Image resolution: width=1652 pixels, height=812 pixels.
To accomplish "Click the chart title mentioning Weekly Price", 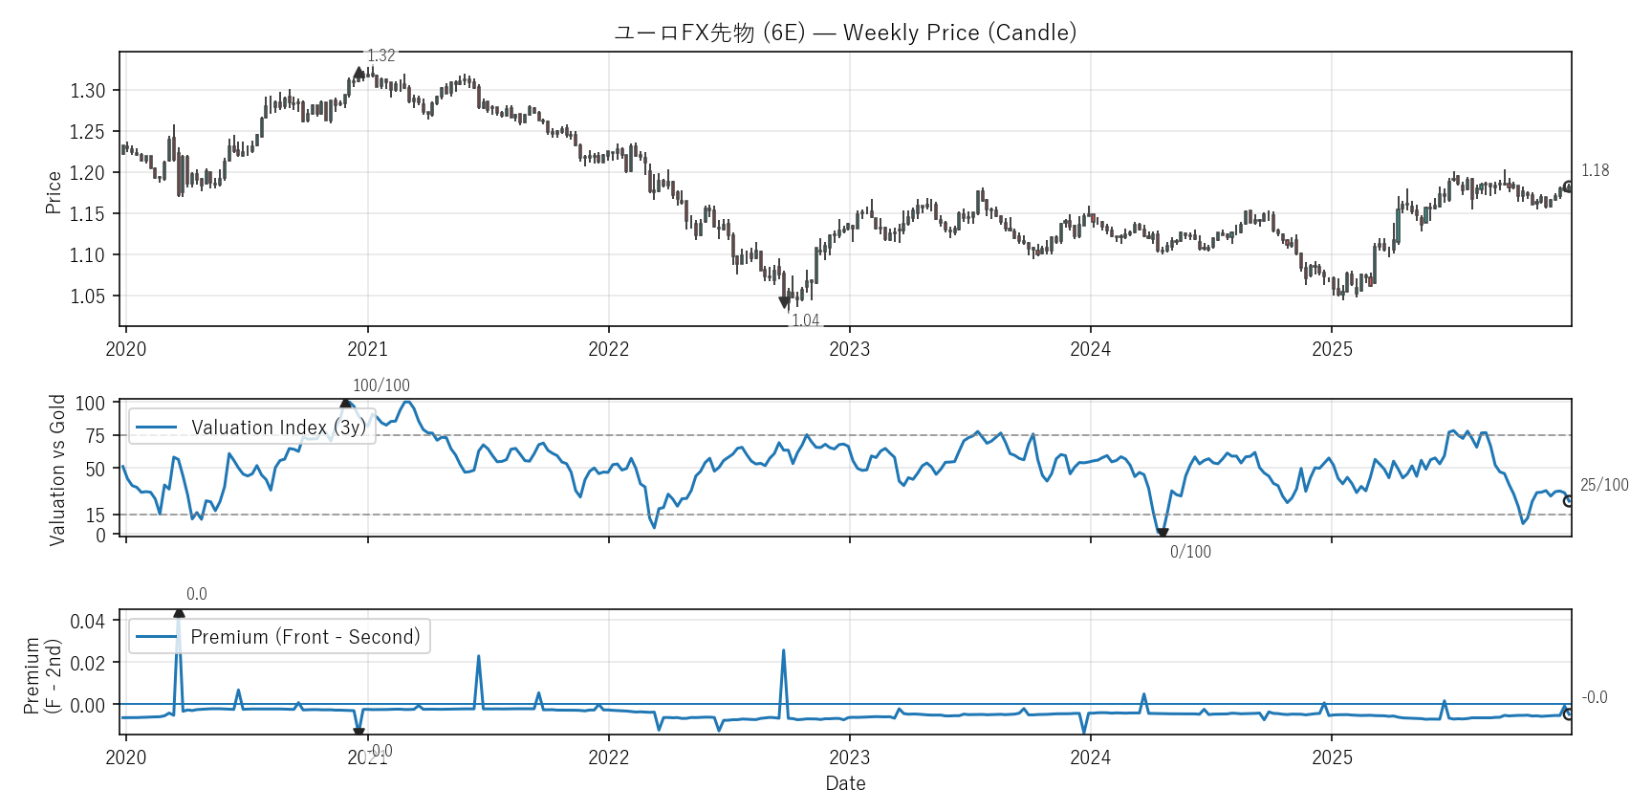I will click(x=845, y=33).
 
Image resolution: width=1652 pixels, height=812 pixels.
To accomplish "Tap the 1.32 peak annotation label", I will click(x=380, y=55).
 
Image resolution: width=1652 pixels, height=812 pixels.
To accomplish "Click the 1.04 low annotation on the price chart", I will click(x=805, y=320).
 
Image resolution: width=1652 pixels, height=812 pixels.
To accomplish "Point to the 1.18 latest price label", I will click(x=1595, y=170).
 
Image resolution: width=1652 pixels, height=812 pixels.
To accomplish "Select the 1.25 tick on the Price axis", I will click(x=87, y=132).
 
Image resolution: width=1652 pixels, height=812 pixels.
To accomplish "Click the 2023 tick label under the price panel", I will click(x=849, y=349).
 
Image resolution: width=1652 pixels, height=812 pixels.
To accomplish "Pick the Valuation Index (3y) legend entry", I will click(x=252, y=428).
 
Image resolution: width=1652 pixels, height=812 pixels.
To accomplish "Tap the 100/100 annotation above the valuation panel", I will click(x=380, y=385).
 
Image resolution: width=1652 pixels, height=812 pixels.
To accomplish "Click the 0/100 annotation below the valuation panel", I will click(x=1190, y=552).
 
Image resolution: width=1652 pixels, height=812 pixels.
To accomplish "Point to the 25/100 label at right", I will click(x=1603, y=485).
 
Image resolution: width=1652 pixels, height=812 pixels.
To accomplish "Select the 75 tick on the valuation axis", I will click(x=95, y=436).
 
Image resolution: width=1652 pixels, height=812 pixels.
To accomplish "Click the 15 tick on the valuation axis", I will click(x=95, y=516).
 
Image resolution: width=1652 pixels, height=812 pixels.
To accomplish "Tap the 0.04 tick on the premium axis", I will click(x=87, y=622).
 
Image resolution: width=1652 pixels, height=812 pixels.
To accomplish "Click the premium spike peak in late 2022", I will click(x=784, y=651).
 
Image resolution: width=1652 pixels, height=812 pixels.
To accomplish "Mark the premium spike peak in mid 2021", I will click(x=478, y=657).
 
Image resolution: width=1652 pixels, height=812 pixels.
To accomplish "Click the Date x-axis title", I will click(x=845, y=783).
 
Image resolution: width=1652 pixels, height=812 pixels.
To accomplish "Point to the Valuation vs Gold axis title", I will click(x=57, y=470).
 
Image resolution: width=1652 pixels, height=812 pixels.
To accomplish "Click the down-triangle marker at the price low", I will click(x=785, y=303).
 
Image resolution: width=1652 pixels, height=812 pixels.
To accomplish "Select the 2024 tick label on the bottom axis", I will click(x=1090, y=757).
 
